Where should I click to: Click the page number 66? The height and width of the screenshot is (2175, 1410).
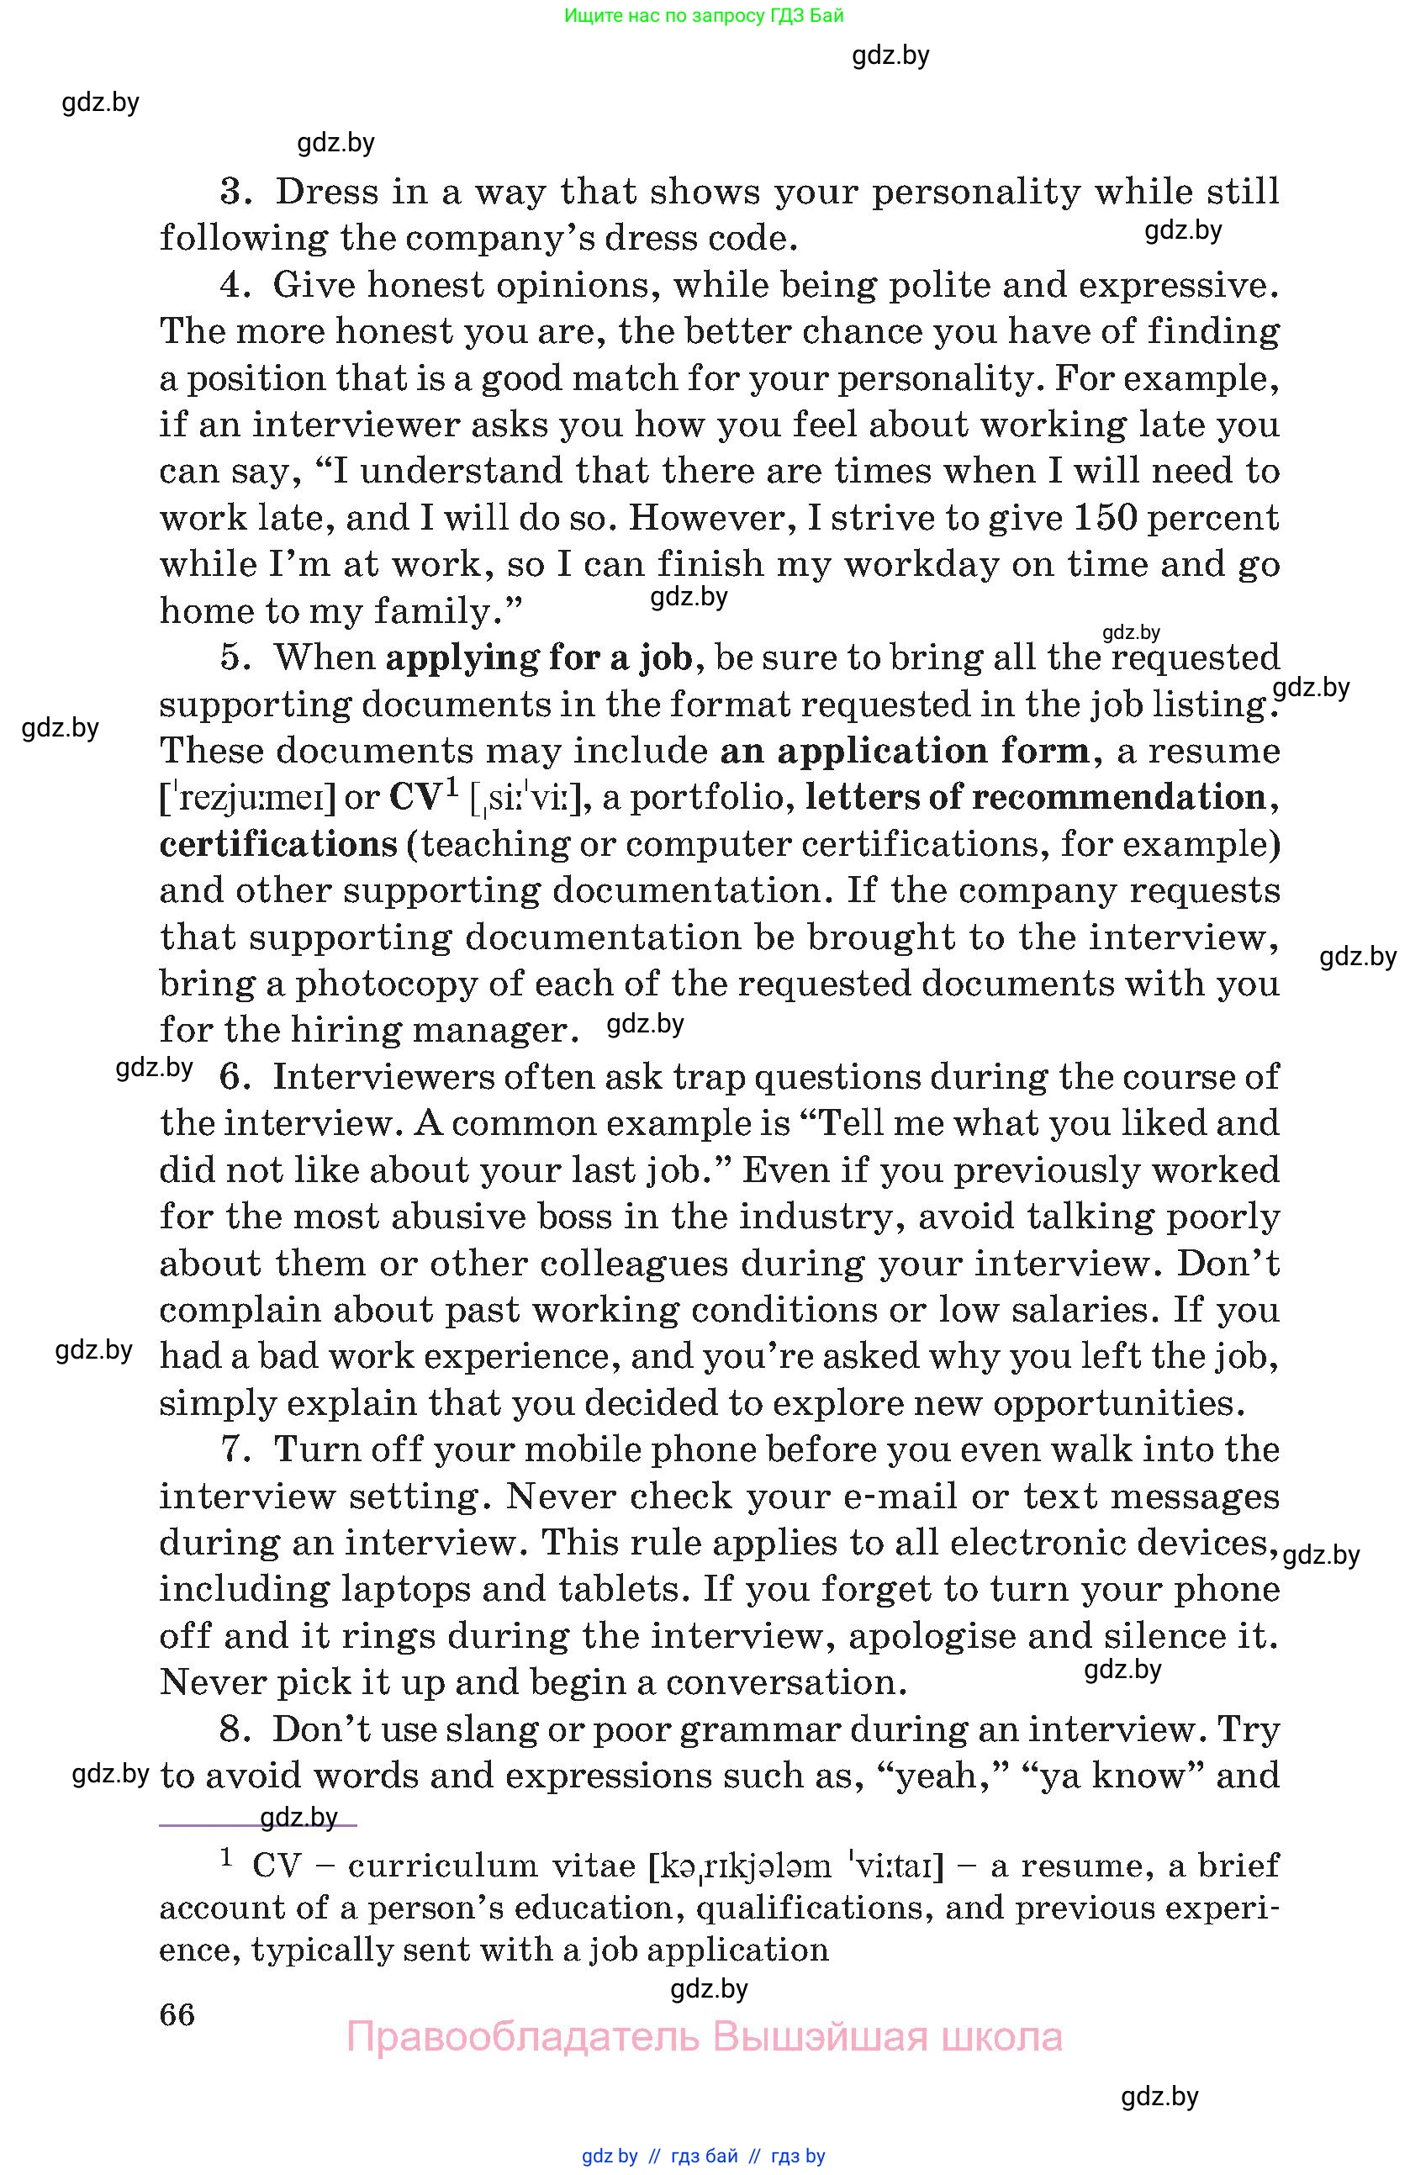click(x=177, y=2014)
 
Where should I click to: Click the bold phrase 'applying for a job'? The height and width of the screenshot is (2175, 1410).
click(x=539, y=658)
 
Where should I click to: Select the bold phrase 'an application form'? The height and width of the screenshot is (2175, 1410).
click(x=905, y=751)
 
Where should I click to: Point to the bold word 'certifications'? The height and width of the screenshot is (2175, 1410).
click(x=278, y=844)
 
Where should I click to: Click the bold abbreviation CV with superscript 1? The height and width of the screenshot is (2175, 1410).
click(x=422, y=796)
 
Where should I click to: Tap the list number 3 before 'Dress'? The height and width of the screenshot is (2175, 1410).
click(x=235, y=192)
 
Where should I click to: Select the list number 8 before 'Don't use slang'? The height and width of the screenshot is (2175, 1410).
click(x=235, y=1729)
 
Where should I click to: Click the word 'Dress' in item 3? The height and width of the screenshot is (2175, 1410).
click(x=326, y=192)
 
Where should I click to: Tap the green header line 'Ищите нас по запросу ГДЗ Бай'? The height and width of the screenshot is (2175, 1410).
click(x=704, y=15)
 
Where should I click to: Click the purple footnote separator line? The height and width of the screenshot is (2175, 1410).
click(x=257, y=1825)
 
